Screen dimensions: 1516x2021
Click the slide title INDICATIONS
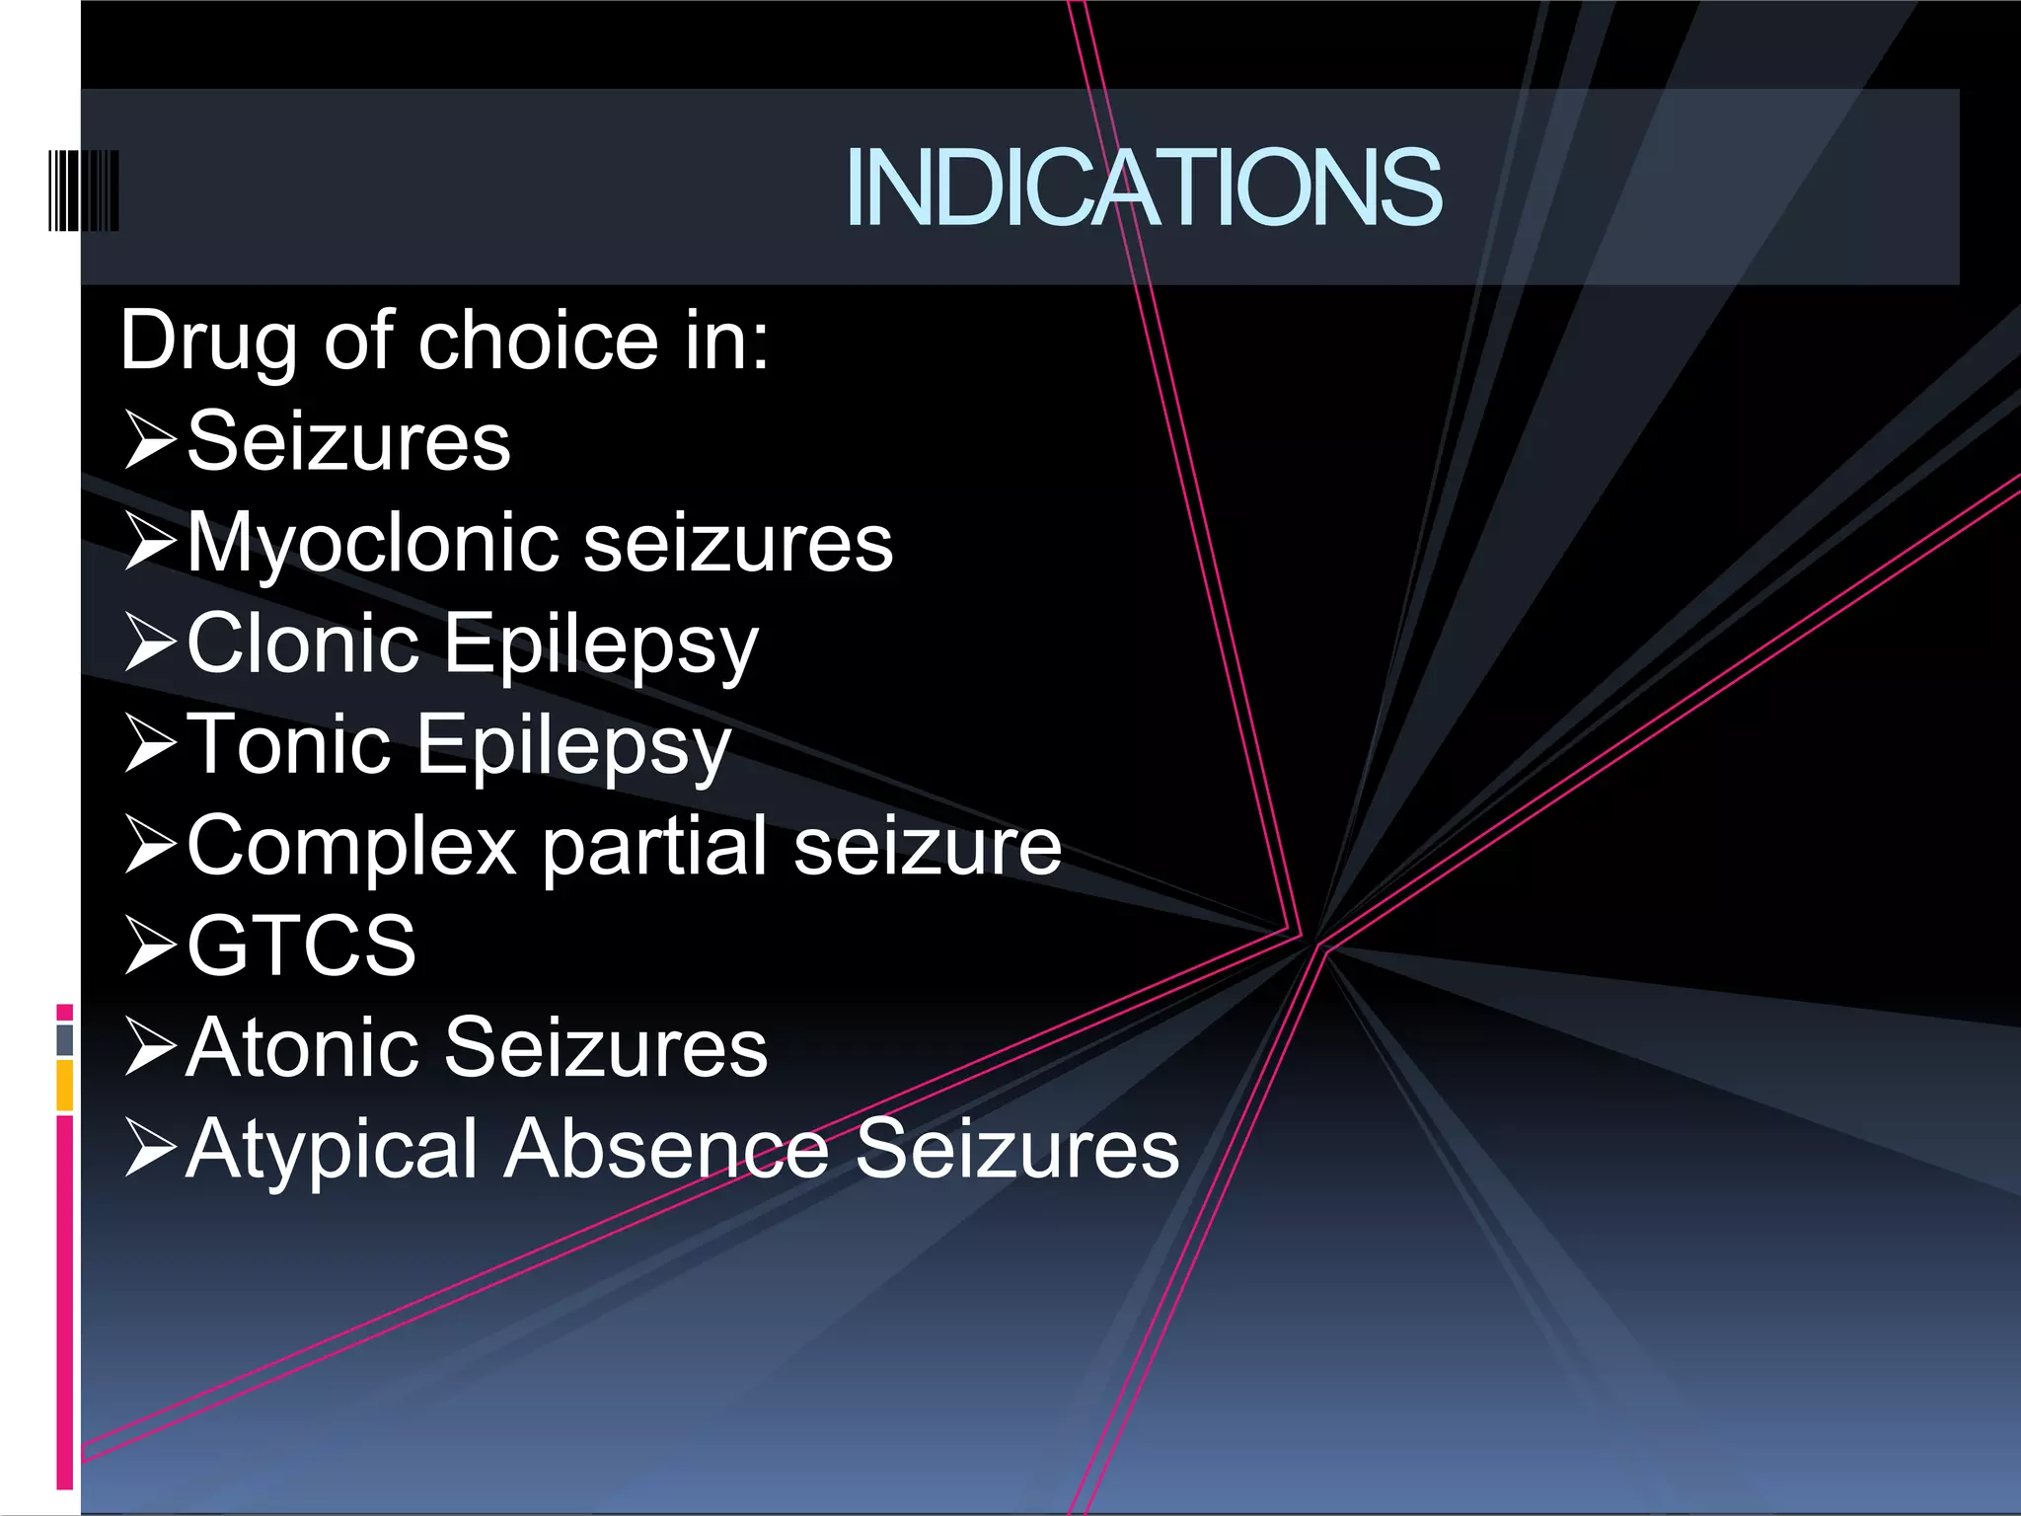pos(1143,188)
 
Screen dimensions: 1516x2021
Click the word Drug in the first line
pos(208,341)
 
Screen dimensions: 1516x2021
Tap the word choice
pos(539,341)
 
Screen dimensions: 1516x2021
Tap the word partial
pos(656,847)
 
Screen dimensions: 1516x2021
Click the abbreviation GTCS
pos(302,946)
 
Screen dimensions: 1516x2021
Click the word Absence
pos(667,1149)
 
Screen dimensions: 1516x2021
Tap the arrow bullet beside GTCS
pos(151,945)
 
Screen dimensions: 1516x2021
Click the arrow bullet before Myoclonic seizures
pos(151,542)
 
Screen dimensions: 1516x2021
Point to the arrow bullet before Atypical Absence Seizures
pos(151,1148)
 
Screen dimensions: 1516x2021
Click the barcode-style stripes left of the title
pos(84,190)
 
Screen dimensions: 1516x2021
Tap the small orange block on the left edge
pos(65,1085)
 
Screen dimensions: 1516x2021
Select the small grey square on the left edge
pos(65,1039)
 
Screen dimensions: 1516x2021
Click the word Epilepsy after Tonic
pos(574,746)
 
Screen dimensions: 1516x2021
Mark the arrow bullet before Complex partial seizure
pos(151,846)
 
